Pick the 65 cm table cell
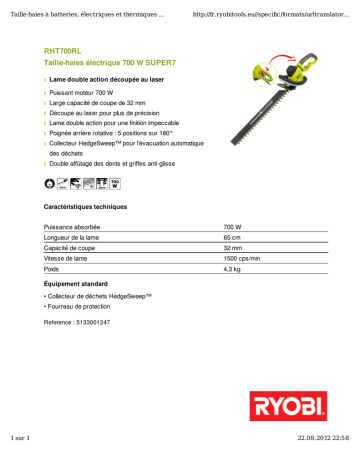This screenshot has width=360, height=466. pyautogui.click(x=231, y=241)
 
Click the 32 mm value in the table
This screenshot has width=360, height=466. pyautogui.click(x=232, y=255)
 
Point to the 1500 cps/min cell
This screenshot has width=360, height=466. pyautogui.click(x=242, y=269)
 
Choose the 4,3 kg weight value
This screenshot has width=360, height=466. pyautogui.click(x=232, y=283)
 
